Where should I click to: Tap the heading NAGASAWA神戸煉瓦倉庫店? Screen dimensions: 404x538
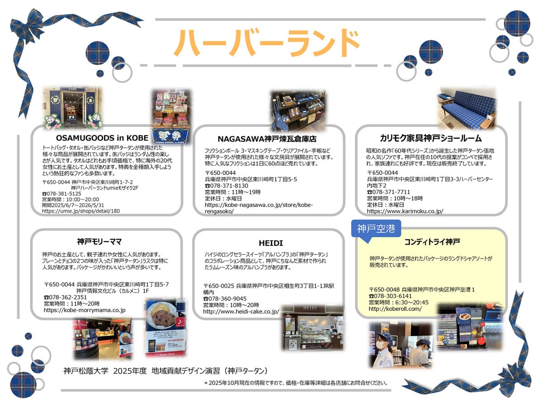coord(267,139)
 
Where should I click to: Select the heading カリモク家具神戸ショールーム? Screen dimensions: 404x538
coord(431,138)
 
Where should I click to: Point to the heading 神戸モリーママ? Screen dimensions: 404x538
coord(99,241)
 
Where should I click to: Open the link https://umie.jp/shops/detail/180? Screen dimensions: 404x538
coord(81,211)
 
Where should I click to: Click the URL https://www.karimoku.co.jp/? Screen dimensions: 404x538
coord(405,211)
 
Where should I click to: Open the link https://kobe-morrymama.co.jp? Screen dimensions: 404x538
coord(85,310)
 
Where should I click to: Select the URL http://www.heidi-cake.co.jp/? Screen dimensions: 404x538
coord(241,311)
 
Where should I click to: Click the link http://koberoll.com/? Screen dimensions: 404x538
coord(395,309)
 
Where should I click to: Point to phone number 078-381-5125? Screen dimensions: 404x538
coord(64,193)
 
